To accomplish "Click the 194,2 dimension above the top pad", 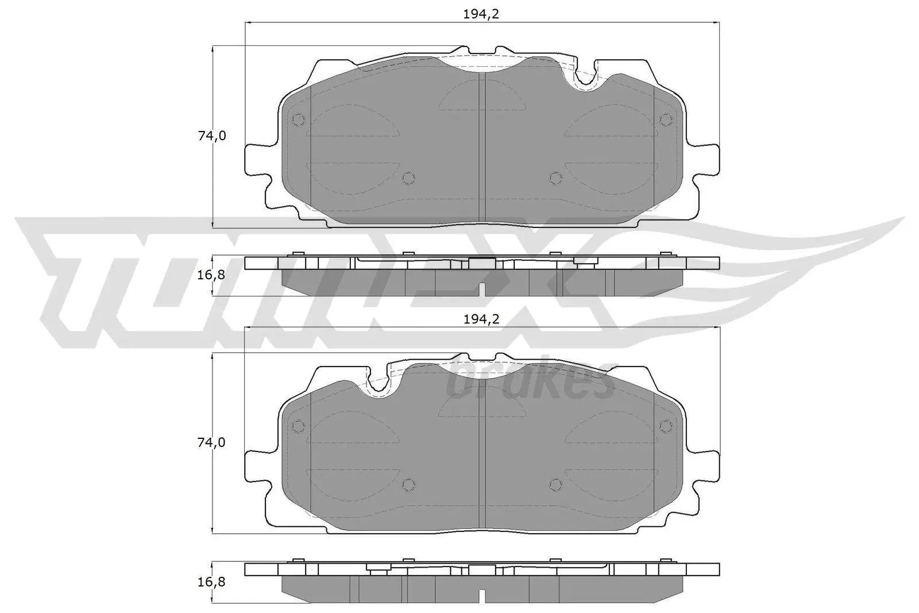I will point(481,14).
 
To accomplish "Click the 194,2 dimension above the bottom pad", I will point(481,319).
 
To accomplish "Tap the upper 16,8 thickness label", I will point(211,275).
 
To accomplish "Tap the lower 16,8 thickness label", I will point(211,581).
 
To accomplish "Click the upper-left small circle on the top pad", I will point(298,119).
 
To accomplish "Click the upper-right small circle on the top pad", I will point(666,119).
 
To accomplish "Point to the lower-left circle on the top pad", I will point(408,178).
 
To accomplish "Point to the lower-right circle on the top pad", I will point(555,178).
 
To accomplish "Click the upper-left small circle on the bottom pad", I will point(298,426).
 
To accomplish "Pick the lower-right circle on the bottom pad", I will point(555,485).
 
